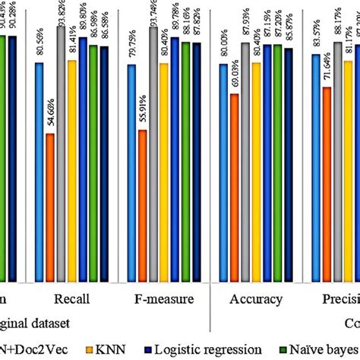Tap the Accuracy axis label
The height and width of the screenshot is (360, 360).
coord(256,298)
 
